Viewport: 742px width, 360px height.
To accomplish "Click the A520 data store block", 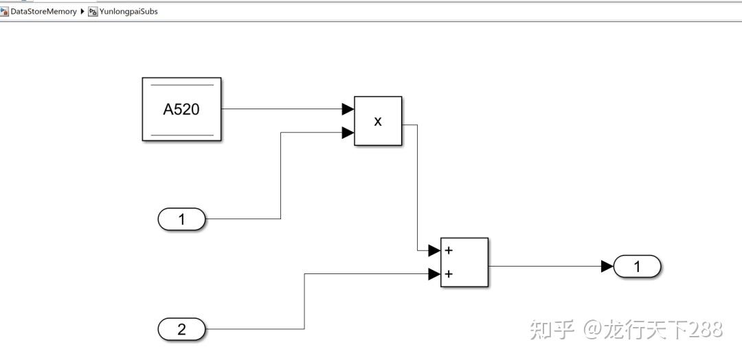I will [181, 109].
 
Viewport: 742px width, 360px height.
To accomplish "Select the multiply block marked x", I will [377, 121].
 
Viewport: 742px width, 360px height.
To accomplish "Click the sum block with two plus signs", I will [464, 262].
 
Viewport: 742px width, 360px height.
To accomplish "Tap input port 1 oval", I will [181, 219].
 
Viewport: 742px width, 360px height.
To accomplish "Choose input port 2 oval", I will [181, 329].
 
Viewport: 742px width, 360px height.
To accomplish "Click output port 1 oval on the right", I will [637, 266].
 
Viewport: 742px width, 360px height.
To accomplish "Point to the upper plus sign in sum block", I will [449, 250].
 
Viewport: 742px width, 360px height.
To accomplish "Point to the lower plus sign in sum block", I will [449, 274].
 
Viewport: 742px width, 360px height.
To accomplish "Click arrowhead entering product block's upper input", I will [348, 109].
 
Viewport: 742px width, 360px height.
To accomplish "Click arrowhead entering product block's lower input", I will [348, 133].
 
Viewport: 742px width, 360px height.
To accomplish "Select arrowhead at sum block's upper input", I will [434, 250].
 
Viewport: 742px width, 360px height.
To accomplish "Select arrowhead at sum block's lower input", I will [434, 274].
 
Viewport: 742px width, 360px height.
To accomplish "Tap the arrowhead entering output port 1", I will [607, 266].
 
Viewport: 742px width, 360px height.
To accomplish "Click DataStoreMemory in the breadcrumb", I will [43, 11].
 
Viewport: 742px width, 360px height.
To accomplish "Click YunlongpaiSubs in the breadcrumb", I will [128, 11].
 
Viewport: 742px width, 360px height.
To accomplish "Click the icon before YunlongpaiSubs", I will [93, 11].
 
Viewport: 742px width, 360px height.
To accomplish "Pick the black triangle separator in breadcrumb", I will [83, 11].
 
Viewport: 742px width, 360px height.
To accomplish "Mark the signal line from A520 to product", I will [282, 109].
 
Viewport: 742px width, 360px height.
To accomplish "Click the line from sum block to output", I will [543, 266].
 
